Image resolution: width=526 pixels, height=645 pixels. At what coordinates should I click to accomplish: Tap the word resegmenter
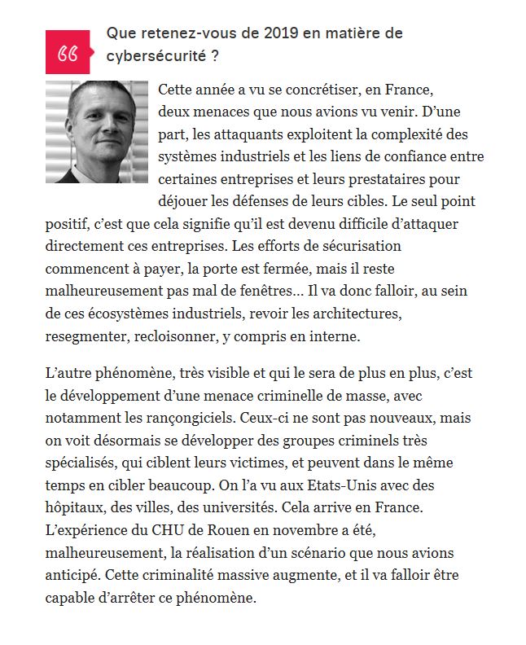85,335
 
